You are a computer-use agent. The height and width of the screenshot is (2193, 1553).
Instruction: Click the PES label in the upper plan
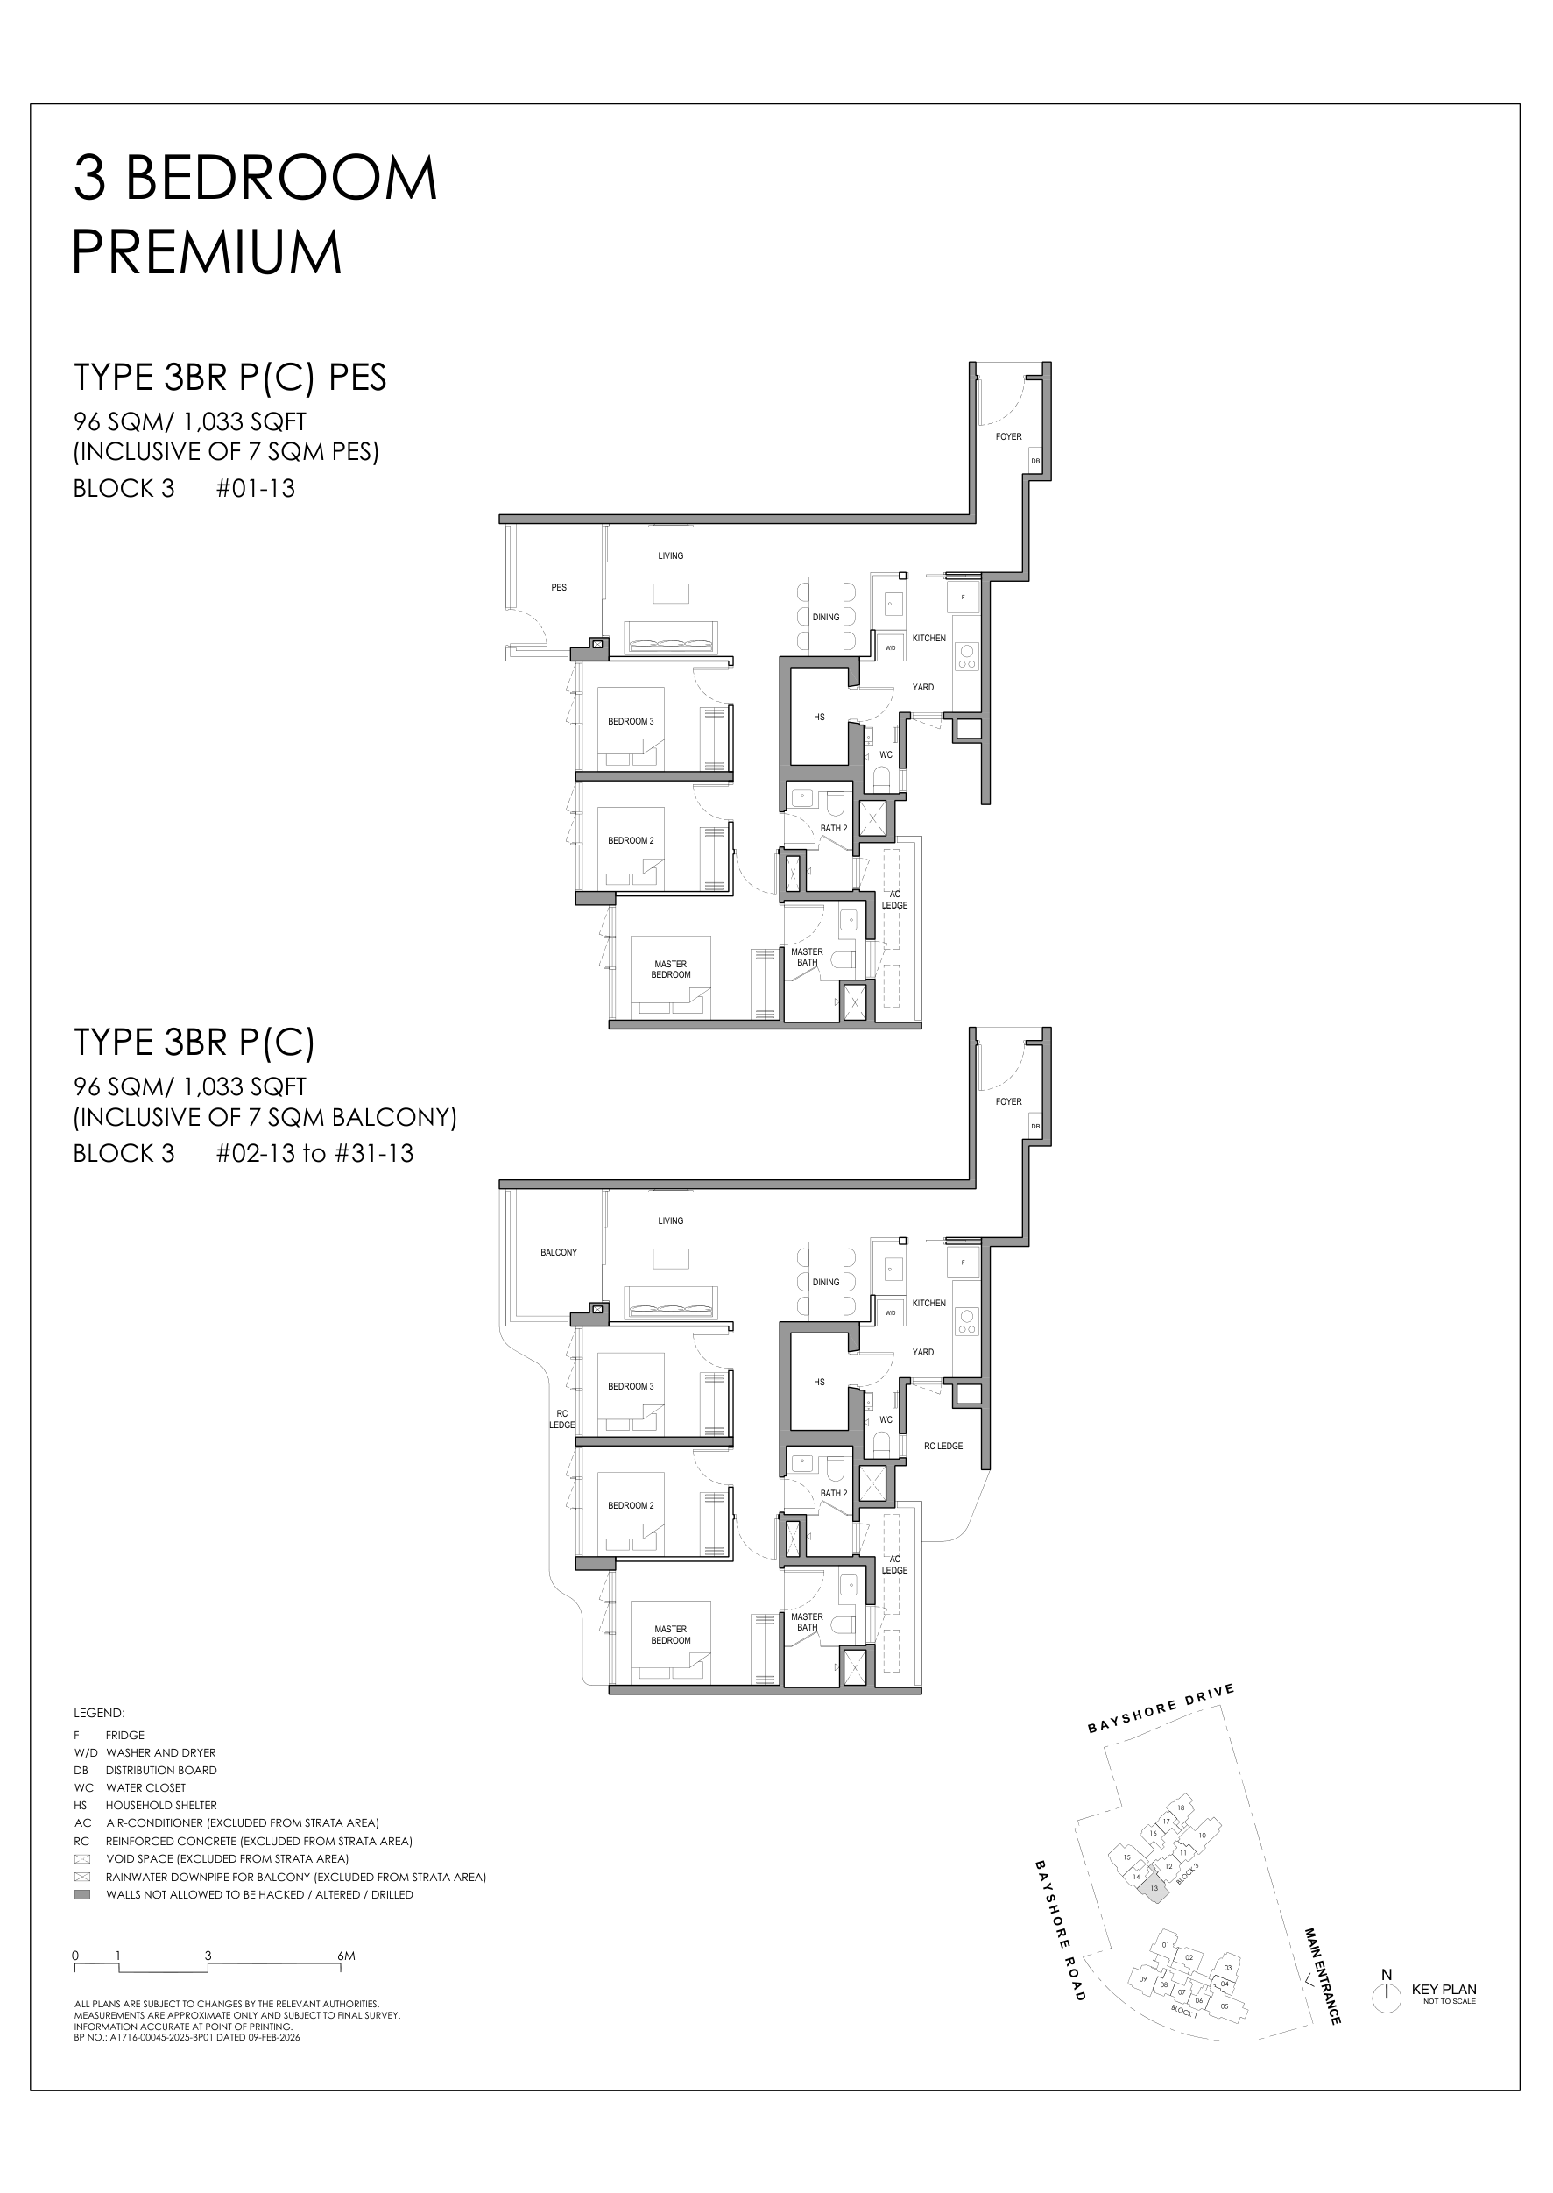point(559,587)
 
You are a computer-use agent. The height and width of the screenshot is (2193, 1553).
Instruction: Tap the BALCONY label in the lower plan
point(559,1252)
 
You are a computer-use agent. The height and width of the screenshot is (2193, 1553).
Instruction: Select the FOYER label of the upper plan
point(1008,436)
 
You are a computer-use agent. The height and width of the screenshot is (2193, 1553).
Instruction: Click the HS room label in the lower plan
point(819,1382)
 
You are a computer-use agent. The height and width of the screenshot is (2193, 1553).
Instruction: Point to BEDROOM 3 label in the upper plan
point(630,721)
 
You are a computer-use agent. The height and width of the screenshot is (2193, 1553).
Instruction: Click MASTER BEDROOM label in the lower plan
point(670,1635)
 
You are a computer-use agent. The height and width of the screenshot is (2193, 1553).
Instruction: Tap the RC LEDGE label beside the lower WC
point(942,1446)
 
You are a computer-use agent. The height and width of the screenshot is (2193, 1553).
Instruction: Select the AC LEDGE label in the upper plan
point(894,900)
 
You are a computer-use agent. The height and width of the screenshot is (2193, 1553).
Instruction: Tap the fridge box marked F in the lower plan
point(962,1263)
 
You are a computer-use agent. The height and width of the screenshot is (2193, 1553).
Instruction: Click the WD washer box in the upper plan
point(890,647)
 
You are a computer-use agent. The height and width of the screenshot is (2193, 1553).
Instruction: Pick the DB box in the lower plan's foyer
point(1034,1127)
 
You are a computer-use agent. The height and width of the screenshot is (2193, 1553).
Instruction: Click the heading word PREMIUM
point(207,252)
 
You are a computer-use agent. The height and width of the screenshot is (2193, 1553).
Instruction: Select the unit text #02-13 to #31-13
point(314,1153)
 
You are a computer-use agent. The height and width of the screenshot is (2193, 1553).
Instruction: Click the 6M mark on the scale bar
point(345,1956)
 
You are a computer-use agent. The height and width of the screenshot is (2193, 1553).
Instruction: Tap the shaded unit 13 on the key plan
point(1154,1888)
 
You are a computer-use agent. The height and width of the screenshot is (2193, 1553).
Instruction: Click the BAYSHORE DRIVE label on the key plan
point(1161,1709)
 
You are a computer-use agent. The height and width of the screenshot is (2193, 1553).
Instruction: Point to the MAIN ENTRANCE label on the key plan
point(1322,1975)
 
